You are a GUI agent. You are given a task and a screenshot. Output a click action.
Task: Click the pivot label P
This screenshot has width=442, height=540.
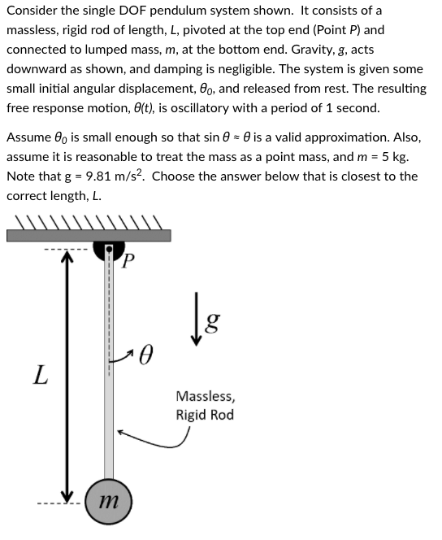[128, 260]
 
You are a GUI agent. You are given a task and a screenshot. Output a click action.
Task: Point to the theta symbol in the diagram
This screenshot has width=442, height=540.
[147, 355]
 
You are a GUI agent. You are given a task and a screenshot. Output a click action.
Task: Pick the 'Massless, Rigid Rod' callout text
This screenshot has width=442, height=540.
[204, 406]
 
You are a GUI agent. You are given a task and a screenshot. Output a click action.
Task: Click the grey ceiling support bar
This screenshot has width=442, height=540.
[89, 235]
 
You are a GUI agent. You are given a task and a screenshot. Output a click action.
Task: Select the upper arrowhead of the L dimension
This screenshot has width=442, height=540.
[71, 259]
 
